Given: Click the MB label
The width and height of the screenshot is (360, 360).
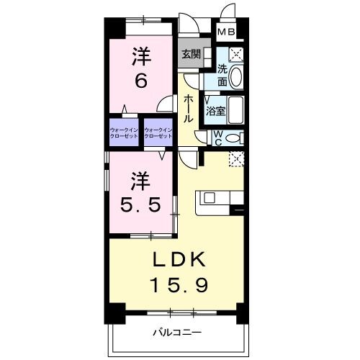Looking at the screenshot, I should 226,32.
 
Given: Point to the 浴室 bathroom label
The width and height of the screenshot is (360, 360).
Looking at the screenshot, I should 215,111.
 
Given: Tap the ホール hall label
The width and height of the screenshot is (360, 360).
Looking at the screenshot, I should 188,108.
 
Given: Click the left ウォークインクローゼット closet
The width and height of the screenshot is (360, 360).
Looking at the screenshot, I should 125,132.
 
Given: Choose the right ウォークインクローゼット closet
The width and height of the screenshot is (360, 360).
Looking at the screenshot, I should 159,132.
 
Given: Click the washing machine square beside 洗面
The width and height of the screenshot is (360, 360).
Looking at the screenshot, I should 236,54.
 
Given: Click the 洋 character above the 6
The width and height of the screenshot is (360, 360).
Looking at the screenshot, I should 140,56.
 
